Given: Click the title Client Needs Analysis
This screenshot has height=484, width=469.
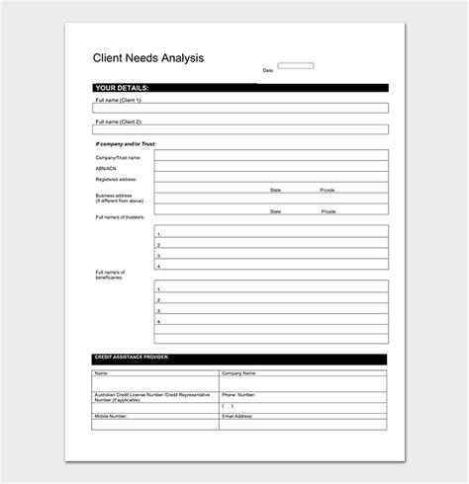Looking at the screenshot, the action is point(148,58).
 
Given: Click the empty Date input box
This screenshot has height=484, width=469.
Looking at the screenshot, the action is point(296,66).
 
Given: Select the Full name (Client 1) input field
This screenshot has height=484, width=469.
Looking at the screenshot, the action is point(240,109).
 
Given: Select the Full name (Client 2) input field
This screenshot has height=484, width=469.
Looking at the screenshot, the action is point(240,129).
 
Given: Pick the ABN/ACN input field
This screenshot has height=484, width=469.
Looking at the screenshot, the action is point(270,168).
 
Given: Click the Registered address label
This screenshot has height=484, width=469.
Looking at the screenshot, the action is point(117,179).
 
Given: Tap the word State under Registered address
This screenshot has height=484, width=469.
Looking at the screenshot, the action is point(276,189).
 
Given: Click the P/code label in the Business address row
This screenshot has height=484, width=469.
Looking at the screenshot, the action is point(328,210).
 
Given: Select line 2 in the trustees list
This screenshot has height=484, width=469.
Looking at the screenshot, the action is point(270,245).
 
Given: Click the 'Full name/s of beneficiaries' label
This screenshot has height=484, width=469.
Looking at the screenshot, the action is point(110,275).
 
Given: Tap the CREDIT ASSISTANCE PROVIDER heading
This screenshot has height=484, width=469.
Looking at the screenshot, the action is point(134,357).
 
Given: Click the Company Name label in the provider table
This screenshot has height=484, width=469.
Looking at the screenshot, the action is point(239,374).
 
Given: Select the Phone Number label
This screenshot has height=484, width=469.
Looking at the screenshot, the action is point(238,394).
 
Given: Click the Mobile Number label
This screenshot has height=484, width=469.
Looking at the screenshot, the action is point(112,417).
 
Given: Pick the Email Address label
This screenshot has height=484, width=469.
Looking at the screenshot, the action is point(238,417).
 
